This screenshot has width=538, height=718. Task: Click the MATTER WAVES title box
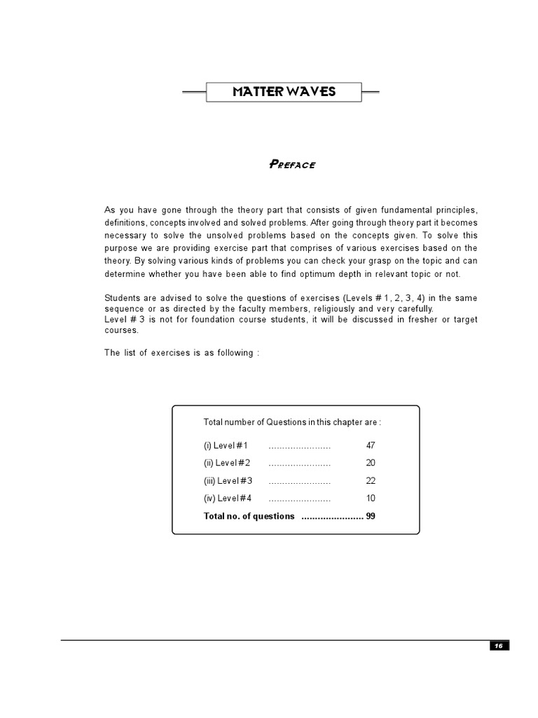tap(284, 92)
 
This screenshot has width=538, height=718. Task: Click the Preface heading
tap(292, 165)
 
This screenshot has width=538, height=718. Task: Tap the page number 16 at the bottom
tap(499, 646)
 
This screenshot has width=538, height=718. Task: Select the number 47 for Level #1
tap(371, 446)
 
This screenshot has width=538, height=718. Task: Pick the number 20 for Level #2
tap(371, 463)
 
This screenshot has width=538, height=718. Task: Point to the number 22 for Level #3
tap(371, 481)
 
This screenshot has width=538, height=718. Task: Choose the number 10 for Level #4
tap(371, 499)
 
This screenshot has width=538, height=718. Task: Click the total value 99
tap(371, 516)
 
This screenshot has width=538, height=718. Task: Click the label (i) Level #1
tap(226, 446)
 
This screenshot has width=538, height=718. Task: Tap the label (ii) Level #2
tap(227, 463)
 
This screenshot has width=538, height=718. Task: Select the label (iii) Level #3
tap(228, 481)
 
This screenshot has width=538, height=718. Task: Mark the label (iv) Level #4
tap(228, 499)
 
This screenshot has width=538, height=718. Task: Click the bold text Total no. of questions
tap(249, 516)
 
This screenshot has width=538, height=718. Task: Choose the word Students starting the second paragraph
tap(122, 299)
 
